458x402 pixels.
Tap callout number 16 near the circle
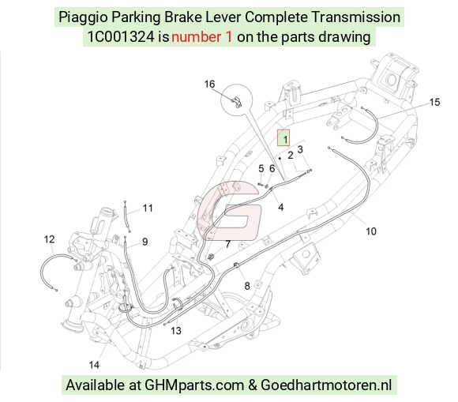click(209, 85)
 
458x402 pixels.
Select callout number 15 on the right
click(434, 102)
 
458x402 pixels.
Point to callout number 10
click(371, 231)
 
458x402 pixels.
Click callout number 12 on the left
click(49, 239)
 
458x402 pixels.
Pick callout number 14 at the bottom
click(94, 365)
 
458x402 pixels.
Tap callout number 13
click(176, 331)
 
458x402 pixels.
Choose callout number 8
click(247, 286)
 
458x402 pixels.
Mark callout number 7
click(228, 244)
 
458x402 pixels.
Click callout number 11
click(148, 208)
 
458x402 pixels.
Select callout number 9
click(145, 242)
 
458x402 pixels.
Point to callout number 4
click(280, 207)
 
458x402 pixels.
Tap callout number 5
click(261, 168)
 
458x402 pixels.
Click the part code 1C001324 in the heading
click(121, 37)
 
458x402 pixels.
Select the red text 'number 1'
click(201, 37)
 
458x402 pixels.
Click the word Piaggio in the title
click(83, 17)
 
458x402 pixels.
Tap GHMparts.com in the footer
click(194, 385)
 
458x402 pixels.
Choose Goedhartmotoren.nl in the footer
click(326, 385)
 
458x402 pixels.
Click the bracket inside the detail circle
click(237, 101)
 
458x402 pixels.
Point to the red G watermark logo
click(229, 210)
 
